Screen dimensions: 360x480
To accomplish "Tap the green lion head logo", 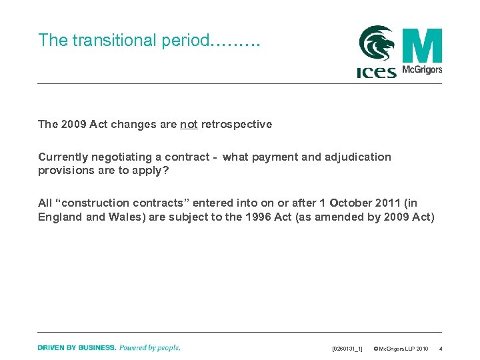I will tap(377, 44).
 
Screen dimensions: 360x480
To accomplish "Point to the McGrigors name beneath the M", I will tap(422, 70).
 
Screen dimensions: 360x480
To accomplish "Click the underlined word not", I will tap(188, 124).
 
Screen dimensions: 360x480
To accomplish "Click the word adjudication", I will tap(359, 157).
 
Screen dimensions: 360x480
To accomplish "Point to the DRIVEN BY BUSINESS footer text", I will tap(77, 347).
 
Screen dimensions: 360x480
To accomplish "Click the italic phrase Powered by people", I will tap(150, 347).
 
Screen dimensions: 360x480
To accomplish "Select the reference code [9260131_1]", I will tap(347, 349).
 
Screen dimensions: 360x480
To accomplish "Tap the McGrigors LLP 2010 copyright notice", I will tap(401, 349).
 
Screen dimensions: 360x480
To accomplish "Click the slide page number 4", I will tap(441, 349).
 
